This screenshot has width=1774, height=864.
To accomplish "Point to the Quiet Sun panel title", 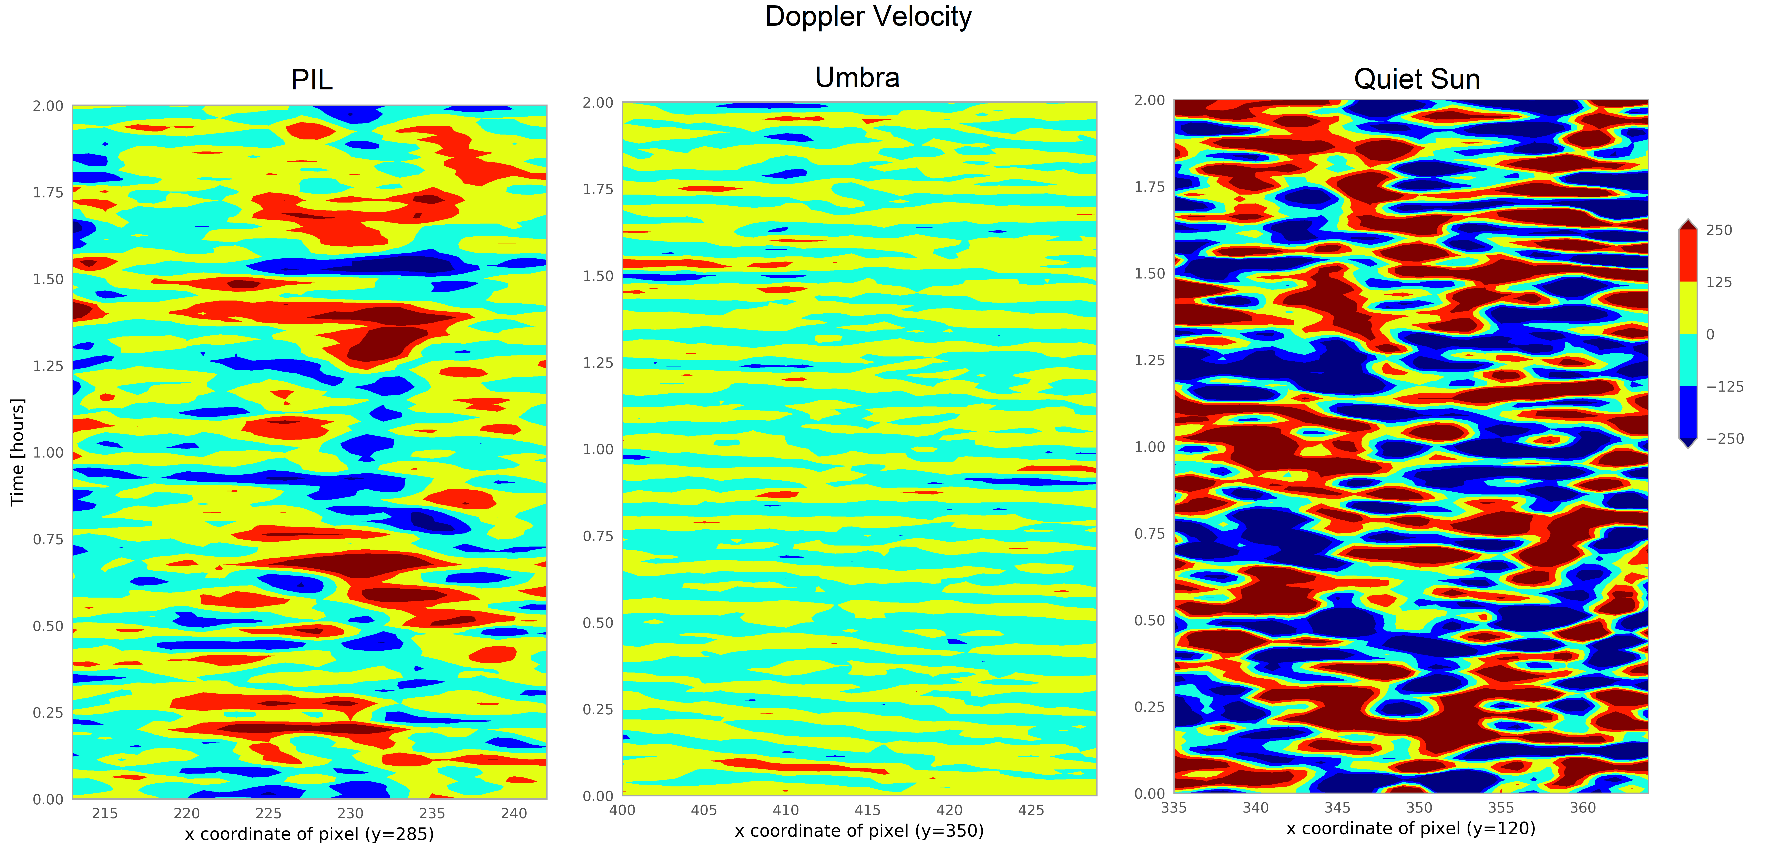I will point(1417,79).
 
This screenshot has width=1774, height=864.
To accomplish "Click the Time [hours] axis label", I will point(17,452).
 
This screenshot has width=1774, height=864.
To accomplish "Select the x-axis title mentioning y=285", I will point(309,834).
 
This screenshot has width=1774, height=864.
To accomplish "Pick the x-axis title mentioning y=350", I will point(859,831).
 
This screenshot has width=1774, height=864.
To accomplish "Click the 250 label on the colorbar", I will point(1719,230).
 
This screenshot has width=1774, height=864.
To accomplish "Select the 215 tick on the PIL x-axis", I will point(105,814).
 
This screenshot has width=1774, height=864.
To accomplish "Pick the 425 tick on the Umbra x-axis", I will point(1031,810).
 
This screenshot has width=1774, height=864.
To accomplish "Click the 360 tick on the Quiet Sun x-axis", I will point(1583,807).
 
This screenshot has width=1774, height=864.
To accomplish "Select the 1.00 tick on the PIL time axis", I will point(48,453).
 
